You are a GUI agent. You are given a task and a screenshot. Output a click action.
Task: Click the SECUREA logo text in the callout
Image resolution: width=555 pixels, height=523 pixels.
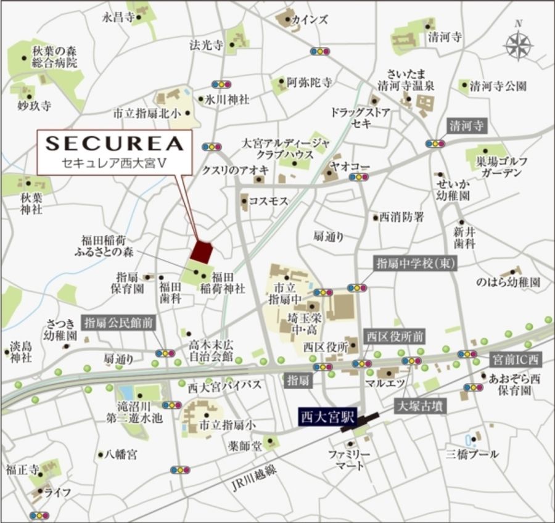(x=115, y=143)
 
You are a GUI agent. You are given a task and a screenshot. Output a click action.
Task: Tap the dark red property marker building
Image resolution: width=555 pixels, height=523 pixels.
(x=201, y=252)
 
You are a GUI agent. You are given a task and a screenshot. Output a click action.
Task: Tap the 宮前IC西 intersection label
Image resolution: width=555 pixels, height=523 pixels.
(x=516, y=358)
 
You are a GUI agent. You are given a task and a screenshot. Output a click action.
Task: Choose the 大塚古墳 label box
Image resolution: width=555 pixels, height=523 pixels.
(x=419, y=406)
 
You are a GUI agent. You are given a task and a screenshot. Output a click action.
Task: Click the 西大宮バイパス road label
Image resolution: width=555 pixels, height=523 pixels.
(x=224, y=385)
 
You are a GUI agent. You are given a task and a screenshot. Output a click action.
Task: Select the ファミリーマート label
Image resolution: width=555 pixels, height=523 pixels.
(x=349, y=459)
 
